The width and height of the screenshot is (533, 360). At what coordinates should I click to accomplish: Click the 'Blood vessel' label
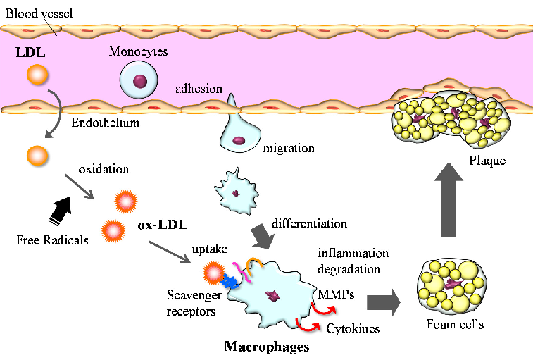point(33,11)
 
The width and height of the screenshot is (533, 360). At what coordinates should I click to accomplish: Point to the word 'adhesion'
point(199,89)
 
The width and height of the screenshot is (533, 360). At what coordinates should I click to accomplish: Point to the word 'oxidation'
point(104,170)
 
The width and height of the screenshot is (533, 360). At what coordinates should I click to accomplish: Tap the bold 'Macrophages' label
point(266,346)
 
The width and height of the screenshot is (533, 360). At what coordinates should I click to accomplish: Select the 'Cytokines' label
point(352,328)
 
